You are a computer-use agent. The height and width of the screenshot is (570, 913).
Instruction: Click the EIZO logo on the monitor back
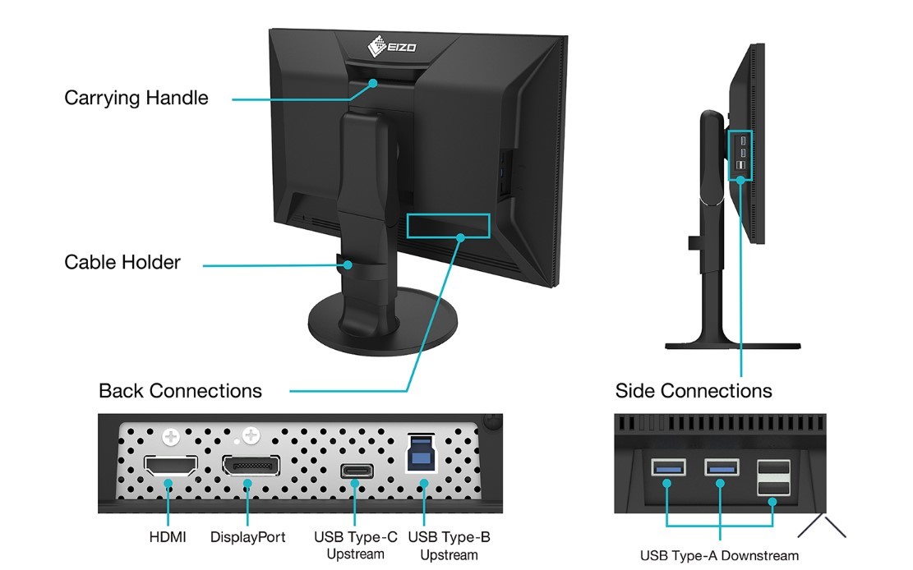pos(392,44)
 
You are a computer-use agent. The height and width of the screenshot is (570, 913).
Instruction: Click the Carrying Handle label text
pos(136,98)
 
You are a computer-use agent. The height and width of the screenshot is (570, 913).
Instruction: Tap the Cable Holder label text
pos(122,263)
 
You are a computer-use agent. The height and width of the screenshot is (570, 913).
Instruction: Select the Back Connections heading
pos(180,390)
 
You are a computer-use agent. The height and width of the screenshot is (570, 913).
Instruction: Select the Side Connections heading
pos(694,390)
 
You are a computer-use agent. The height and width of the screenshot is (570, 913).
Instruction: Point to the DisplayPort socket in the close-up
pos(250,467)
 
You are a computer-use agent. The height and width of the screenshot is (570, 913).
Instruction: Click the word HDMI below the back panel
pos(168,537)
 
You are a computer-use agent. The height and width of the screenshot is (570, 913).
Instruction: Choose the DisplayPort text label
pos(248,537)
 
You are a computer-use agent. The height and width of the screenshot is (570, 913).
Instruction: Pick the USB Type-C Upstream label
pos(356,545)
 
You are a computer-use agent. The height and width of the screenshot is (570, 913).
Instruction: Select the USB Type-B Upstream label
pos(449,545)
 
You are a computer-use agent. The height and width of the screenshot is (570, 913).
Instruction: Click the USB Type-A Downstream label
pos(719,556)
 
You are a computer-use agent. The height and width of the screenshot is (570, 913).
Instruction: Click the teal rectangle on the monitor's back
pos(448,228)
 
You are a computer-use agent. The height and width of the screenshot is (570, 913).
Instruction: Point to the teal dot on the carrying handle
pos(372,82)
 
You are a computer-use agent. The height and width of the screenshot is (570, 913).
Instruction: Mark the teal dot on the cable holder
pos(349,264)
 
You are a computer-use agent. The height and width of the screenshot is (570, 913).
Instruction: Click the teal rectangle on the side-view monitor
pos(740,154)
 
